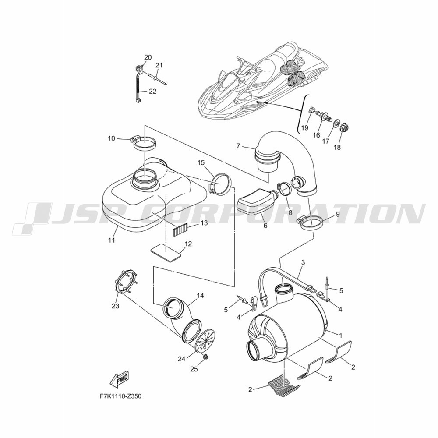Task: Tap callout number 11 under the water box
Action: pos(112,240)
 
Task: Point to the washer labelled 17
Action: pos(335,123)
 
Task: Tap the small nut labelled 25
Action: pos(205,357)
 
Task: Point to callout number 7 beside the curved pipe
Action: pos(238,146)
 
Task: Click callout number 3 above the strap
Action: pos(303,262)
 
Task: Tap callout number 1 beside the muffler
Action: pos(340,335)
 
